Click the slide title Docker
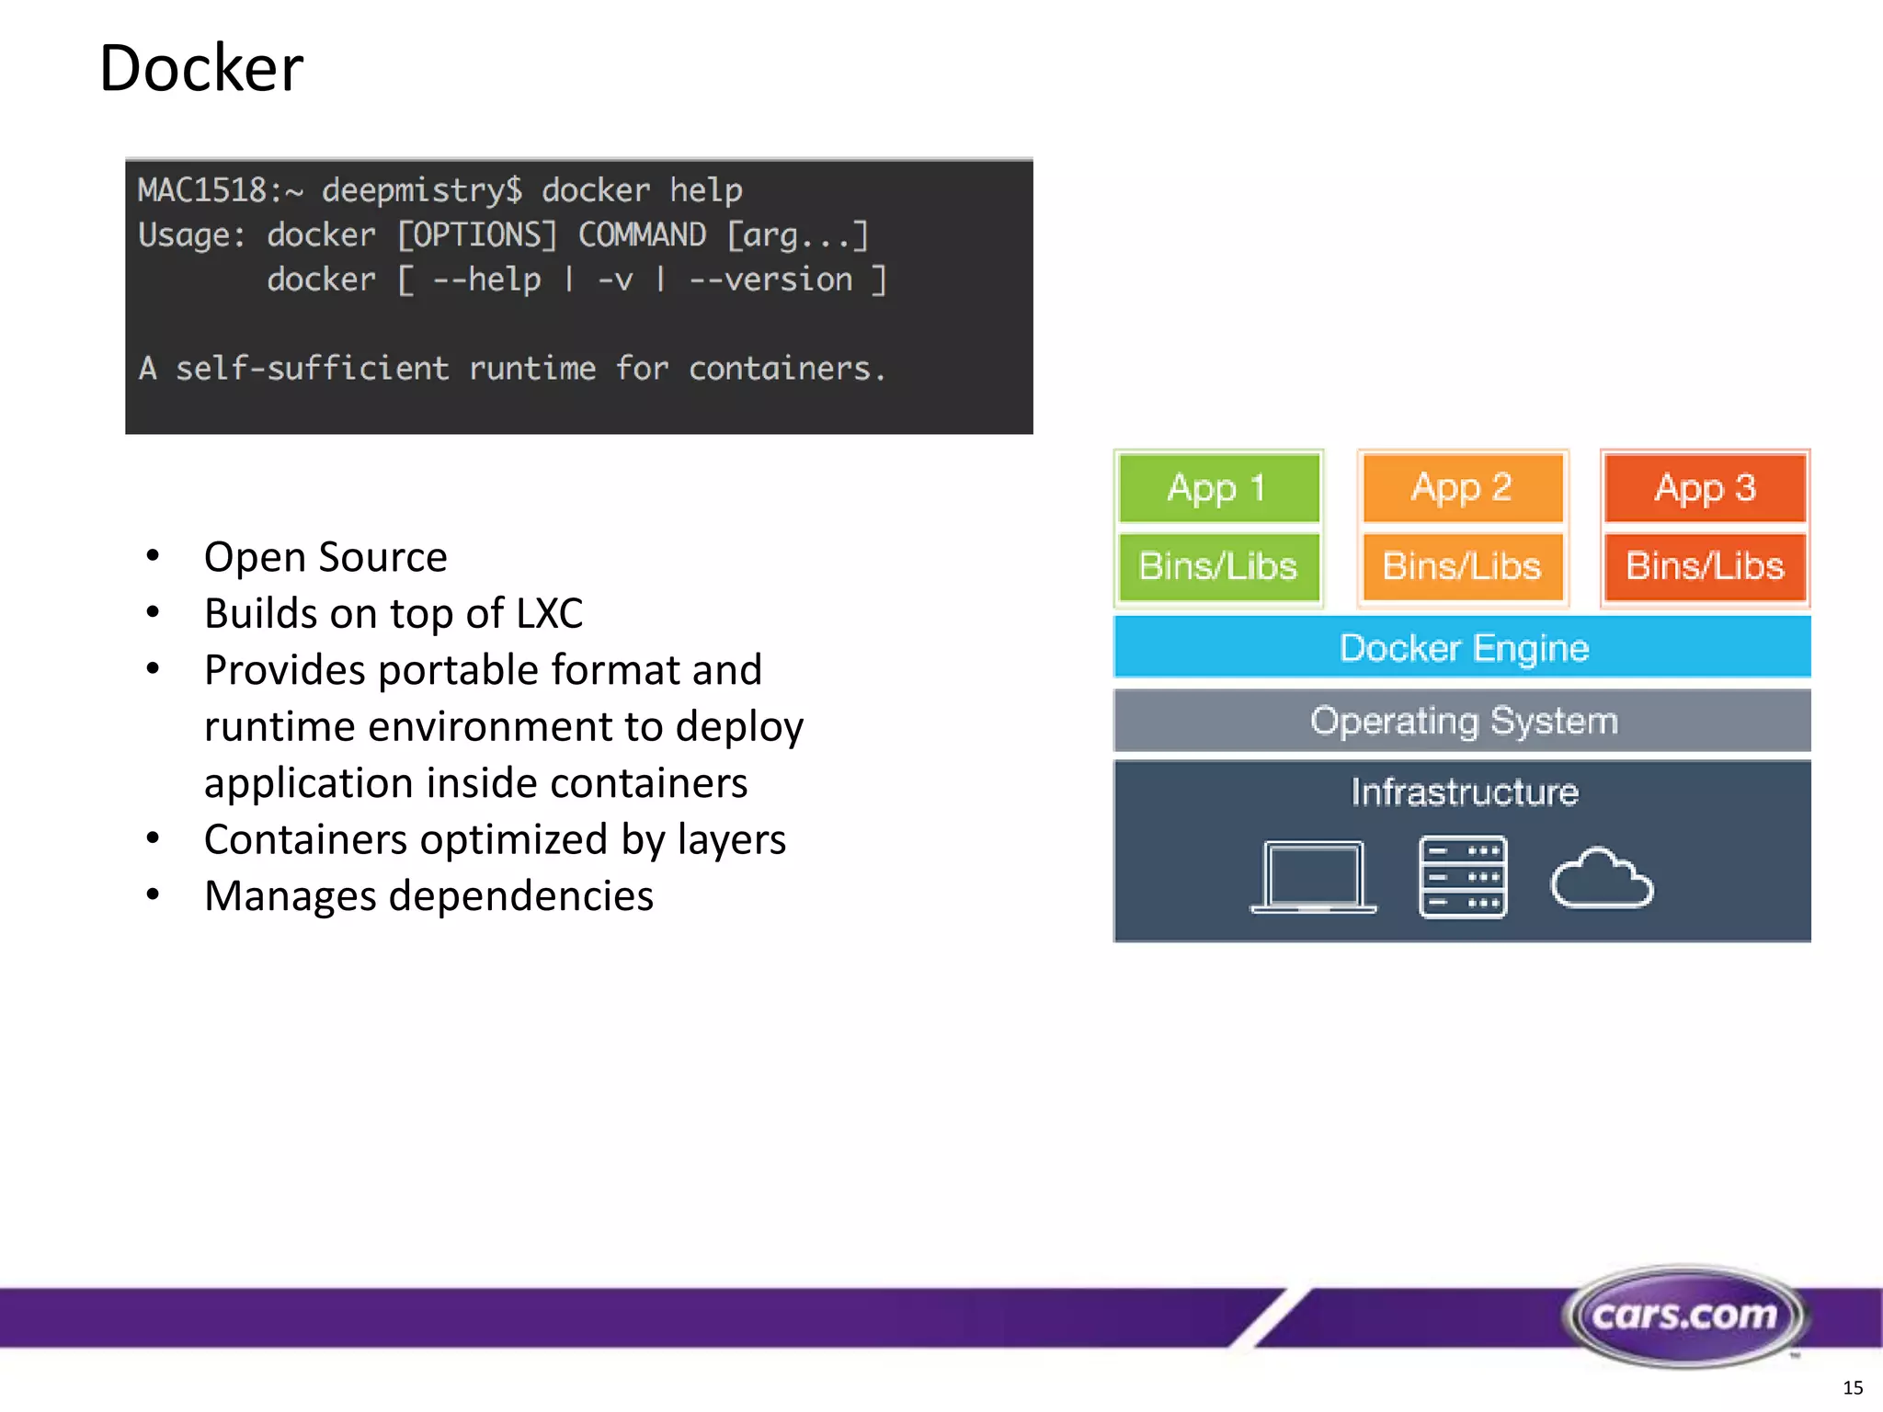point(200,69)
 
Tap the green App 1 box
point(1218,488)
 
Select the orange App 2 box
point(1462,488)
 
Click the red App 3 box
point(1706,488)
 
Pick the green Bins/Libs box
point(1218,566)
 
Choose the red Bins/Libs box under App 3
point(1706,566)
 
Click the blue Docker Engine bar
point(1462,648)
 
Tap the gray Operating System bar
point(1462,721)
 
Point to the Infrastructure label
point(1464,792)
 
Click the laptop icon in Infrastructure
point(1313,877)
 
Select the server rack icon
point(1463,877)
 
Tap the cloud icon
point(1602,879)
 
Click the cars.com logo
point(1685,1315)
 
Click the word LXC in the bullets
point(549,614)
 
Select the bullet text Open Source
point(325,557)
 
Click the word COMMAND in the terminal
point(642,235)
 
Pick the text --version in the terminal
point(770,280)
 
